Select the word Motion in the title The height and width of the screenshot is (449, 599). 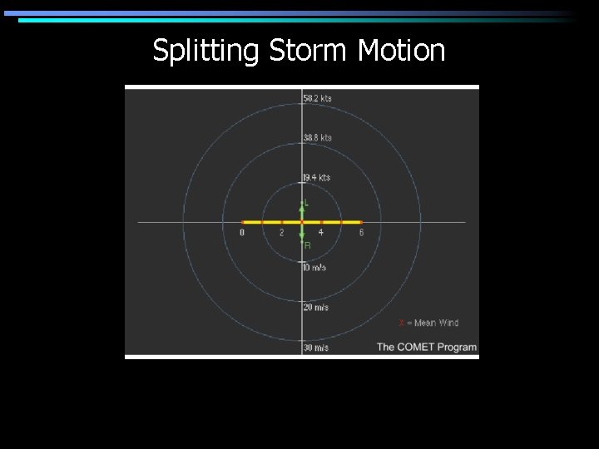pos(401,51)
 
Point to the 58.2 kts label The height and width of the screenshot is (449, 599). pos(317,98)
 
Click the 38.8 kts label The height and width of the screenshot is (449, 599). pos(317,137)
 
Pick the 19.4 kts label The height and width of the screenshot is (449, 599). pos(317,177)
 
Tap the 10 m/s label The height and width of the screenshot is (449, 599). pos(315,268)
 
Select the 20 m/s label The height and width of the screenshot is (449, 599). pos(315,308)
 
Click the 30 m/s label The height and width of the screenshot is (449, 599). pos(315,348)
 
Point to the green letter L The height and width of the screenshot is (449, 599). pos(307,202)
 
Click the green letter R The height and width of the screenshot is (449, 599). pos(307,245)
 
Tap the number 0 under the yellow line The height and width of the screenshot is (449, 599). pos(242,233)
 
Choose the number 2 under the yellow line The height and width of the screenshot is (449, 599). pos(281,233)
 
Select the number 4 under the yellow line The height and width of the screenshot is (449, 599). pos(321,233)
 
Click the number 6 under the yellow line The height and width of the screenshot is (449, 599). pos(361,233)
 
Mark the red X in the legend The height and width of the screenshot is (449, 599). pos(401,323)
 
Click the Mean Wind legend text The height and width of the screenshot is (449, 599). pos(436,323)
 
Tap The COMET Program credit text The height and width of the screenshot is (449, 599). pos(427,347)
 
